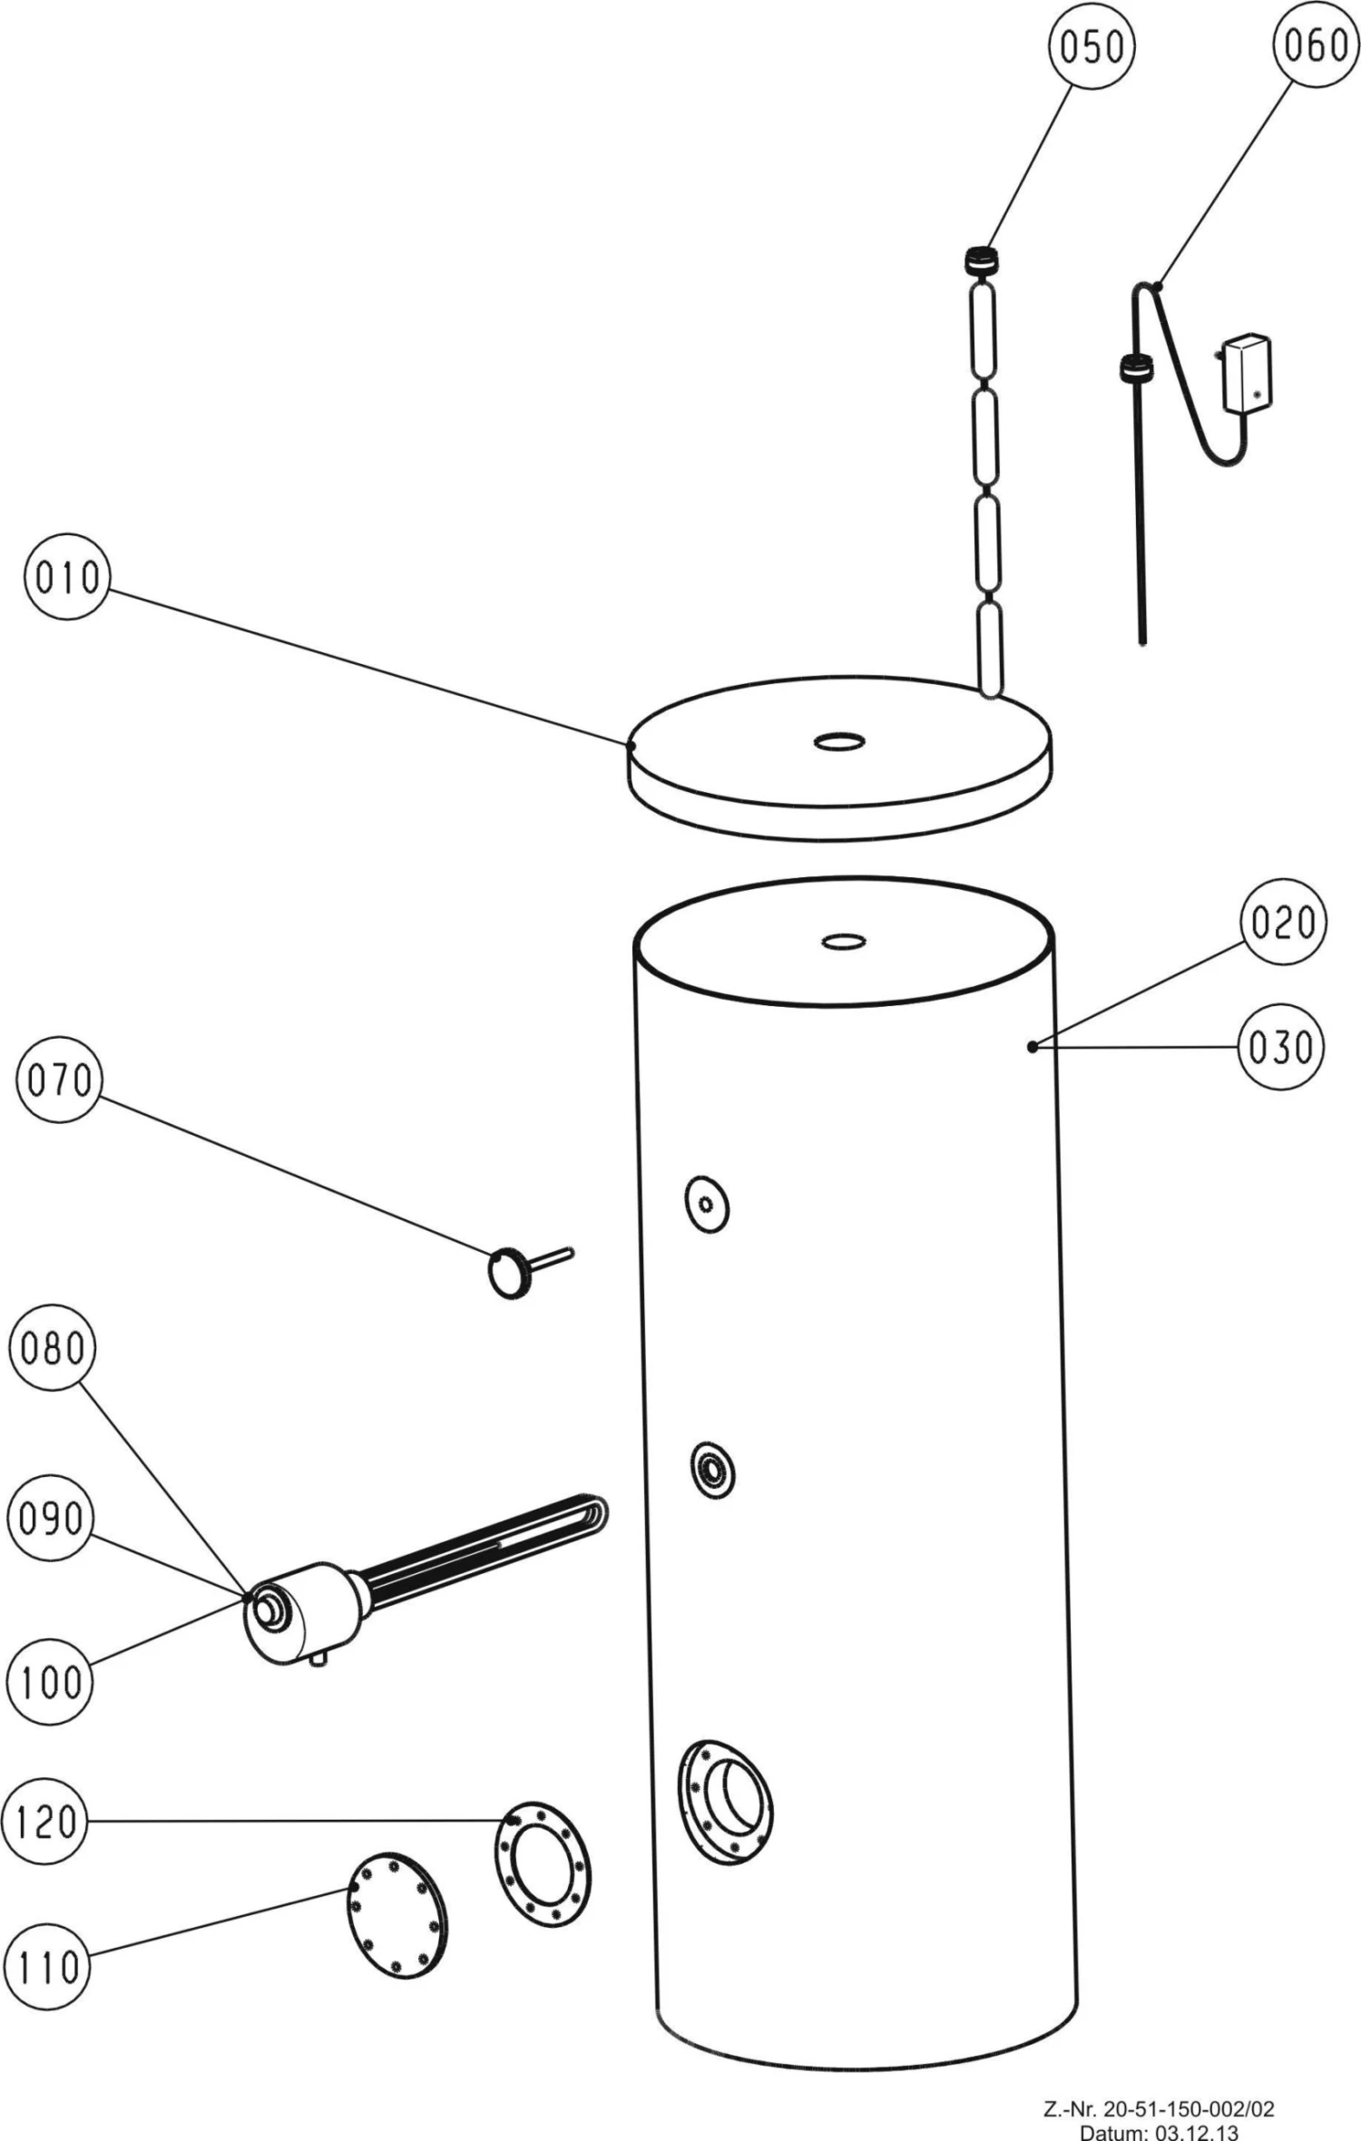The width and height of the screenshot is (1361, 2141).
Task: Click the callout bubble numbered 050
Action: pos(1092,46)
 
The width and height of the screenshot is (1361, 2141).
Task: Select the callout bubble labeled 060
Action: pos(1316,44)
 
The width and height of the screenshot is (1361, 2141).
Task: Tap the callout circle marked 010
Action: pos(66,577)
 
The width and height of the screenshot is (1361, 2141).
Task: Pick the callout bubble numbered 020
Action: pos(1283,923)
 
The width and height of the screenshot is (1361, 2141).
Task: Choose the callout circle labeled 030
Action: pos(1281,1047)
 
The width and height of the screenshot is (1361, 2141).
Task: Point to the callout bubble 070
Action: pos(59,1080)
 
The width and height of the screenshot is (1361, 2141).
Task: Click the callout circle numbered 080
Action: pos(52,1348)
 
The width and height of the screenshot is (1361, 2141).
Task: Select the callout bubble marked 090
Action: pos(50,1518)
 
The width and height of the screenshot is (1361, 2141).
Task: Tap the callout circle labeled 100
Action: pos(50,1683)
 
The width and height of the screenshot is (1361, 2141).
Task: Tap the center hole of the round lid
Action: pos(839,743)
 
